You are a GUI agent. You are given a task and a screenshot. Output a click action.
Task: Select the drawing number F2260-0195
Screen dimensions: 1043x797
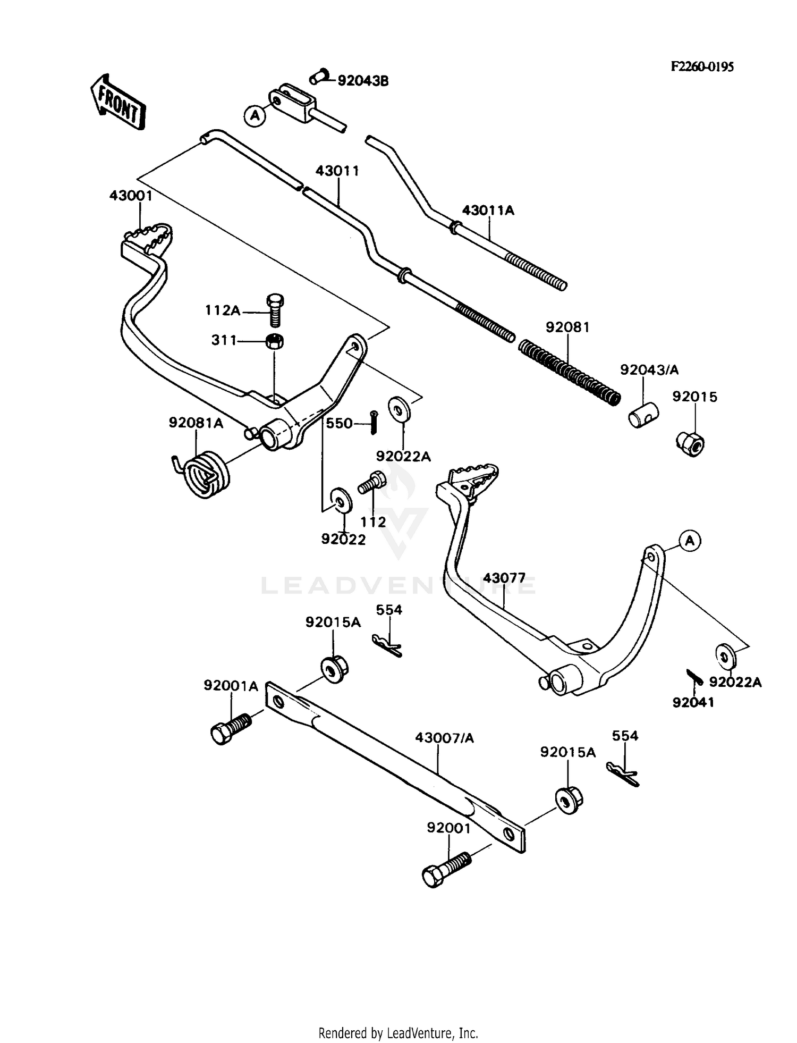pos(702,66)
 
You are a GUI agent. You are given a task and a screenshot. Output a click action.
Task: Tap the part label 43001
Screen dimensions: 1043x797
pos(131,196)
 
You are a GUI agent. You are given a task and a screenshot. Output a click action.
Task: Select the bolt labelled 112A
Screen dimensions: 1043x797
pos(274,309)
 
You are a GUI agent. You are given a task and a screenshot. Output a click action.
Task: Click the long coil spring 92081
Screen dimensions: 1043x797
pos(569,372)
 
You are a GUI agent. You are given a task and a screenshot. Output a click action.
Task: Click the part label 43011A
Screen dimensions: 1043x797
pos(488,211)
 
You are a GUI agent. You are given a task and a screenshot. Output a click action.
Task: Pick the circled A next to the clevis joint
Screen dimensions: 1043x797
pos(256,115)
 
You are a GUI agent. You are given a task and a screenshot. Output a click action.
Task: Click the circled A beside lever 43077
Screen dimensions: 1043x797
pos(690,541)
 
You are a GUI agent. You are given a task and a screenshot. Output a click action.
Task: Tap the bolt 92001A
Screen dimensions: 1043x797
pos(230,729)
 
